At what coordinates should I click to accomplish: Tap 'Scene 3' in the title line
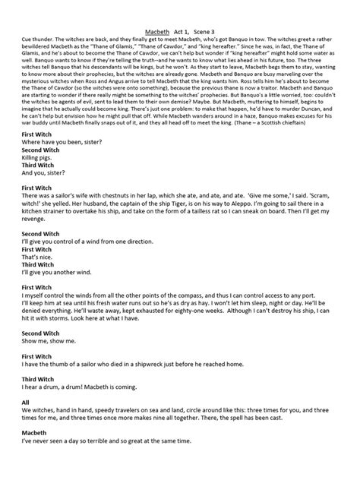[213, 8]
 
